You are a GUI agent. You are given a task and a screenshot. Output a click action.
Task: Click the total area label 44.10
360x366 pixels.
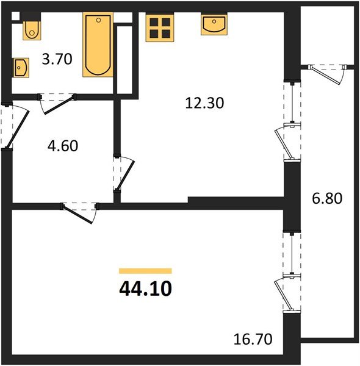(x=145, y=287)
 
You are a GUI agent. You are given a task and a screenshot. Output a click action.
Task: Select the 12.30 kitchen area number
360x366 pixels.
(x=205, y=103)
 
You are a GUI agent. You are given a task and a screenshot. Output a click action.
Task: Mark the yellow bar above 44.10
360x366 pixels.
(x=145, y=270)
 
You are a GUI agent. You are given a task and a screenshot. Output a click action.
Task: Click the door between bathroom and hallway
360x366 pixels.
(x=57, y=102)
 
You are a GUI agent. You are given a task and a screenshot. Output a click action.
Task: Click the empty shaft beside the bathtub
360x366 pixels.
(x=124, y=58)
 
